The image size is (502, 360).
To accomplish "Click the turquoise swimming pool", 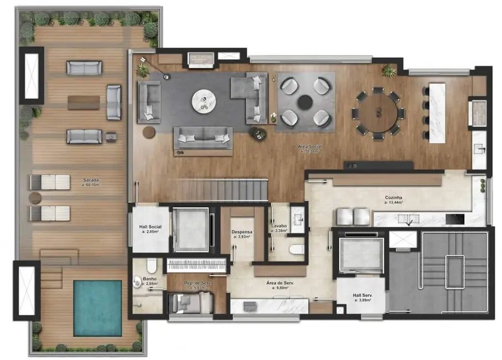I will (x=97, y=307).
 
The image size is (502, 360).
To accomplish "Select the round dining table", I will (x=379, y=113).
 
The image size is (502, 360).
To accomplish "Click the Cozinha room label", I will (x=393, y=198).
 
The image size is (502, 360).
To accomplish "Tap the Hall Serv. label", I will (x=363, y=296).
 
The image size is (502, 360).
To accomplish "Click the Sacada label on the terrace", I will (x=91, y=181).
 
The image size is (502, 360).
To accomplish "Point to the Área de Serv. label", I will (x=280, y=284).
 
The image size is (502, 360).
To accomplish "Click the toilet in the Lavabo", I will (x=296, y=249).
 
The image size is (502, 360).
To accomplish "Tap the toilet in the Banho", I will (x=138, y=282).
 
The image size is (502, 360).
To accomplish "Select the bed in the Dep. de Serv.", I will (x=191, y=302).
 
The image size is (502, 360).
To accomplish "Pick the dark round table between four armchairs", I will (x=305, y=101).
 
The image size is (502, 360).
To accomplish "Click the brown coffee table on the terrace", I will (x=84, y=102).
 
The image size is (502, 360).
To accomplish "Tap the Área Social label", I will (x=310, y=147).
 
